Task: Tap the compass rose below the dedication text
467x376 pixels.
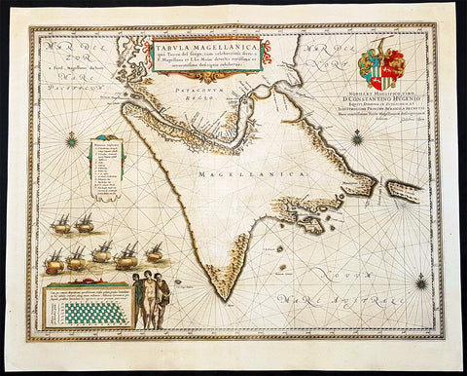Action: point(357,136)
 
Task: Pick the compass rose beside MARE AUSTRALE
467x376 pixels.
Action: point(419,282)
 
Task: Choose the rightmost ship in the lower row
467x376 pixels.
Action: point(154,255)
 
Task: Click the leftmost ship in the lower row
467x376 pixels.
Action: point(54,262)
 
